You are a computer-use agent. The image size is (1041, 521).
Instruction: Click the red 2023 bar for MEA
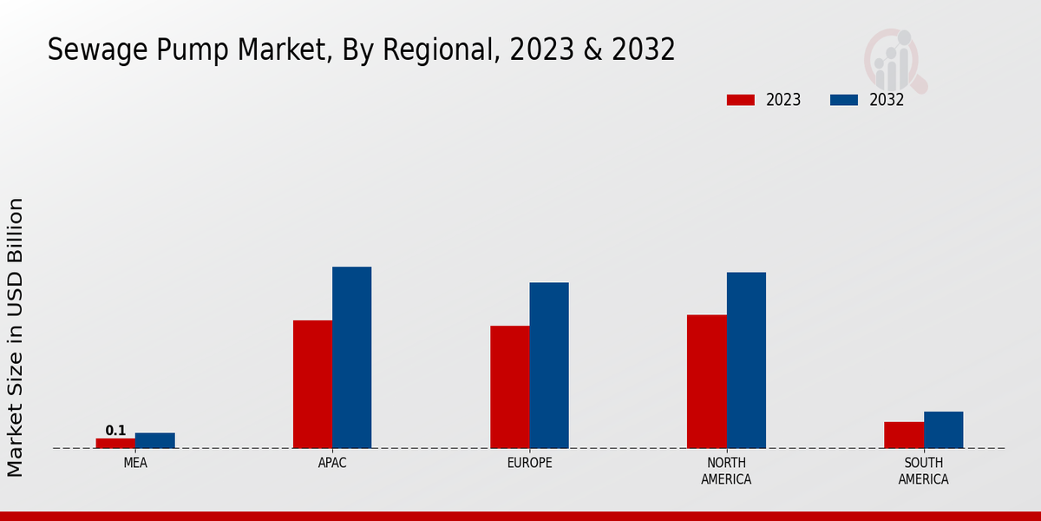115,443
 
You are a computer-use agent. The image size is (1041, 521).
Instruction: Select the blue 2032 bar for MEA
154,440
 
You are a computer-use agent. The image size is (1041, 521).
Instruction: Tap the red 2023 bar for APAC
312,384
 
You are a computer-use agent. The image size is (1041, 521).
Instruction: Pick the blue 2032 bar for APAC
351,357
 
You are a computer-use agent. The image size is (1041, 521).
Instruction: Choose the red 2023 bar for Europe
509,386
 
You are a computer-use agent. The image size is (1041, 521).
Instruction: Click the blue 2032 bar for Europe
549,365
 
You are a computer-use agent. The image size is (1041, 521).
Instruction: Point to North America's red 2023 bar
706,381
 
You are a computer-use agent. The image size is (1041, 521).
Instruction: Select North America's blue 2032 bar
746,359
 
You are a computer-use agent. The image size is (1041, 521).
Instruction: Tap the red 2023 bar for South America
904,434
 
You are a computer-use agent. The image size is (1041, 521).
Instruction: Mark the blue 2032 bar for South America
943,429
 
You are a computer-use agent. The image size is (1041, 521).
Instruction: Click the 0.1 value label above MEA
115,431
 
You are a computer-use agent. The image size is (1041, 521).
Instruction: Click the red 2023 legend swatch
740,100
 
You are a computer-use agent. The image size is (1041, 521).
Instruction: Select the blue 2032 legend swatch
843,100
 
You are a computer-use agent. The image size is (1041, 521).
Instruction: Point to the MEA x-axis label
135,463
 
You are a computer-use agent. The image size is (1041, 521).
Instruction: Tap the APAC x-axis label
332,463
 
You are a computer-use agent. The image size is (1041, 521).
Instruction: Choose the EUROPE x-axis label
529,463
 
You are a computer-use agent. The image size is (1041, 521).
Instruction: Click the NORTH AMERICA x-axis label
726,471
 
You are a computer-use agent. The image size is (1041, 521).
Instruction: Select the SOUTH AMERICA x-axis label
923,471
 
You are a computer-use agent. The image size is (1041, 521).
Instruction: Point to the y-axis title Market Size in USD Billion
16,337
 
